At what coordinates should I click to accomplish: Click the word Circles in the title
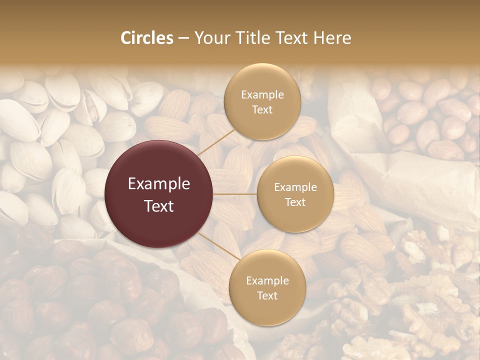pos(146,38)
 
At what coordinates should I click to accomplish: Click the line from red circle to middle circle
pos(235,194)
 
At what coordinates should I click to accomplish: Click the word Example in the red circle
pos(159,184)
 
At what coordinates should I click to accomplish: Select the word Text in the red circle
pos(159,206)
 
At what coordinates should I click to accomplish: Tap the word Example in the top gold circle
pos(262,95)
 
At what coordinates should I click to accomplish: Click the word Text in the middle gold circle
pos(295,202)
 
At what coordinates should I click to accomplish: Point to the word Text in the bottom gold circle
pos(267,295)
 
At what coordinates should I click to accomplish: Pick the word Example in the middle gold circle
pos(295,187)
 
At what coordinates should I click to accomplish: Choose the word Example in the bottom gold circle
pos(267,281)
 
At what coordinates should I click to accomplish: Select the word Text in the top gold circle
pos(262,109)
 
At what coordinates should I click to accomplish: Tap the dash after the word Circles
pos(183,38)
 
